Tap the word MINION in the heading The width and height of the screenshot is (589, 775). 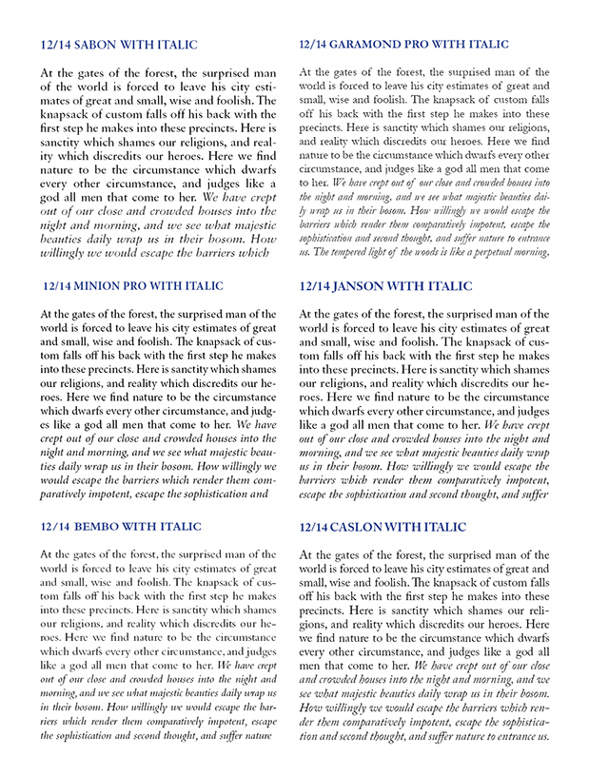coord(104,285)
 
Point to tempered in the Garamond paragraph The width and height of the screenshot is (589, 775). coord(352,252)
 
